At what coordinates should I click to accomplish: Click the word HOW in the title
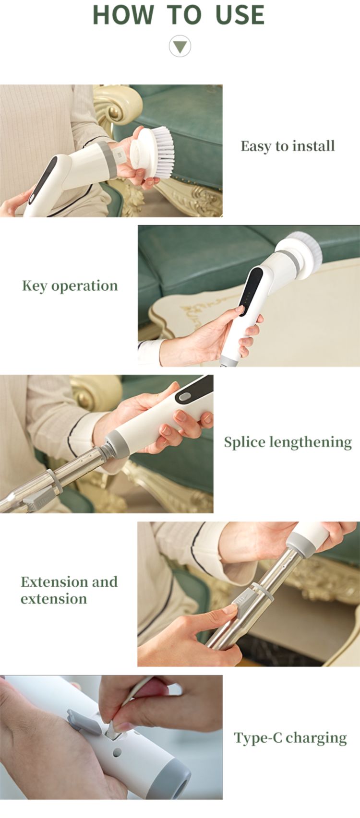click(x=123, y=15)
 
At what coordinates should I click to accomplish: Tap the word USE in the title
click(x=240, y=15)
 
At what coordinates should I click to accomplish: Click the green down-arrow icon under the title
click(x=180, y=47)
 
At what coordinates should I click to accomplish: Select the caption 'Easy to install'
click(x=288, y=146)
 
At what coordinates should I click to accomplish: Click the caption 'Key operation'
click(x=70, y=286)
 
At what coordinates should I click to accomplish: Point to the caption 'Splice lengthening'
click(x=288, y=442)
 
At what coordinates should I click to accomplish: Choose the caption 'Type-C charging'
click(x=290, y=738)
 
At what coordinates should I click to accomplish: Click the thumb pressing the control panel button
click(x=238, y=311)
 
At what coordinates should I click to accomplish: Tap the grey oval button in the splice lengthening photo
click(x=184, y=397)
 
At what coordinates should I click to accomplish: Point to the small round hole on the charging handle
click(x=117, y=753)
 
